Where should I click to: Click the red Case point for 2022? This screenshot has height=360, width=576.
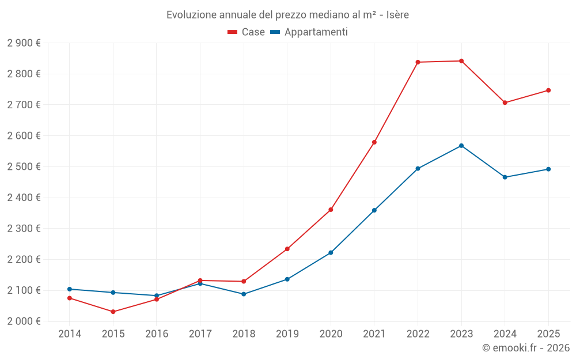418,62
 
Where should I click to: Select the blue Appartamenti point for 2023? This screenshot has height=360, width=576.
461,146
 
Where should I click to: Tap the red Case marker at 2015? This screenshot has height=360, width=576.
113,312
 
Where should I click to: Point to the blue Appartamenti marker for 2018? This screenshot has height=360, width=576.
244,294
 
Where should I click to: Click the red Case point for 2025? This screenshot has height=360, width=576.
548,90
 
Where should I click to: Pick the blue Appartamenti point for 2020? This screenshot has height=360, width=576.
331,253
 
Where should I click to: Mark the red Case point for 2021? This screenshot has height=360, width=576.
374,142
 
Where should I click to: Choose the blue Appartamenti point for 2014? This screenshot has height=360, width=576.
70,289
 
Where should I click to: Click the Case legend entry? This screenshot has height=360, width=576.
247,32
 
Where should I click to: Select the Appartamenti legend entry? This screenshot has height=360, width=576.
309,32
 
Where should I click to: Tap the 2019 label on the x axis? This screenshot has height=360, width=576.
287,334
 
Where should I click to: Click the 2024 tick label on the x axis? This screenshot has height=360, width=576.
505,334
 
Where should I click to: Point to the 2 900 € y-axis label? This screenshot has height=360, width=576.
24,43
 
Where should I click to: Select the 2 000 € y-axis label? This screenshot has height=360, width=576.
24,321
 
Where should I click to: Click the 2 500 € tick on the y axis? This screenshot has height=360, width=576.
24,167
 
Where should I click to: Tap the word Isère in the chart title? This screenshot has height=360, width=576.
396,15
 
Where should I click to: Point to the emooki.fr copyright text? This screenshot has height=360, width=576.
525,348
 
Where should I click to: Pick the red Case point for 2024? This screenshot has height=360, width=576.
505,103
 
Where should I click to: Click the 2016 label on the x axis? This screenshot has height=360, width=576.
157,334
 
